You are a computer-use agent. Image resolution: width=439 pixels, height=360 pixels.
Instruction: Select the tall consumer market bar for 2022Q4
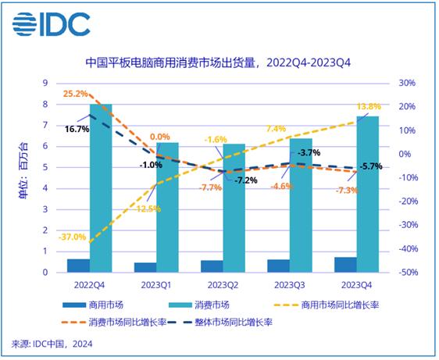pos(101,188)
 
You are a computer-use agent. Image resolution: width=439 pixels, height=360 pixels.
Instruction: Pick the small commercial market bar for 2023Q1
pos(145,267)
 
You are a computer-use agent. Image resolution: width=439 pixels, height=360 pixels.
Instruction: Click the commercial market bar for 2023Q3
pos(279,266)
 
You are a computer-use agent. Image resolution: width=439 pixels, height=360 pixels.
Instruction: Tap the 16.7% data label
pos(75,127)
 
